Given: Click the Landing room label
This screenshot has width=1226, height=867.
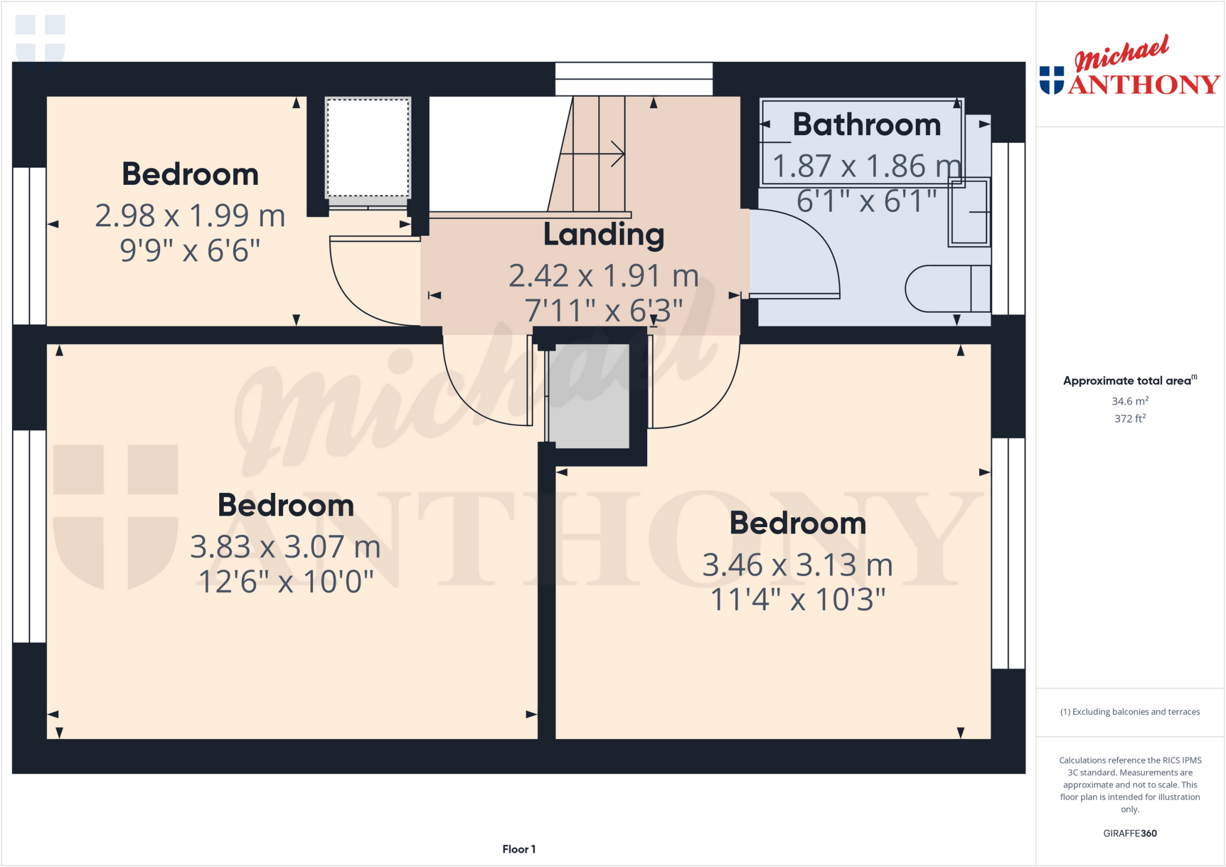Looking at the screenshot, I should (x=603, y=235).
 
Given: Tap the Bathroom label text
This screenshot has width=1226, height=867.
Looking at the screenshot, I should (x=866, y=124).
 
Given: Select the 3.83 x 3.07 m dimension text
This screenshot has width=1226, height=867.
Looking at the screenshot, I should (x=285, y=547).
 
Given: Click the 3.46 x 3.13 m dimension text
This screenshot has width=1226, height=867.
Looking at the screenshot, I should (x=797, y=565).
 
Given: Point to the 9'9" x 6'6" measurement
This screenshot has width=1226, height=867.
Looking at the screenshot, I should (x=190, y=250).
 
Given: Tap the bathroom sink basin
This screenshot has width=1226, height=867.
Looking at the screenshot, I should (x=969, y=212).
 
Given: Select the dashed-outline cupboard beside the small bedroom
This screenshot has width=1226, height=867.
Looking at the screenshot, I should (x=368, y=148).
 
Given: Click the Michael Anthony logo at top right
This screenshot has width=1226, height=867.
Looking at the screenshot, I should (x=1129, y=67).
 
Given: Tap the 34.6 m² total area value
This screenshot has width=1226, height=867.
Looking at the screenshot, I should (x=1130, y=401).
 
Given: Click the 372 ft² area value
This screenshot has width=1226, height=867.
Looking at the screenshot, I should (x=1130, y=419).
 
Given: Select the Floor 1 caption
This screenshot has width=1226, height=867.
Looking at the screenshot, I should (x=518, y=849).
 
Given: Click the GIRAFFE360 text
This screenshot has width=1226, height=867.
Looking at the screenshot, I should (x=1130, y=833).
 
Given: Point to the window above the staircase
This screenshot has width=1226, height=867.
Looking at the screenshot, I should (x=633, y=79).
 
